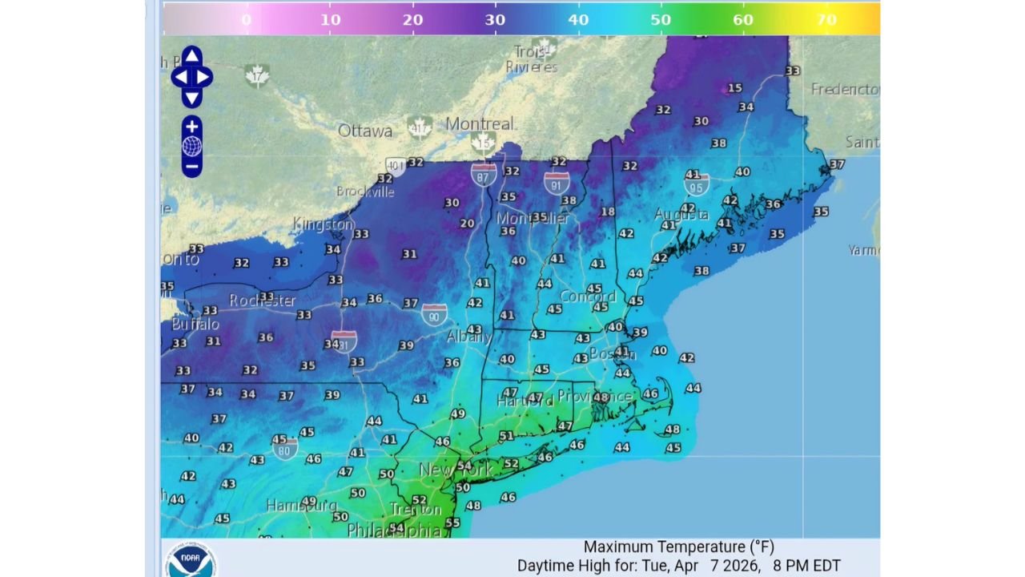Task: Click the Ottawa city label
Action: [x=365, y=131]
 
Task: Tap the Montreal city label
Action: [x=479, y=124]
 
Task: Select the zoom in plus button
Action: [x=191, y=127]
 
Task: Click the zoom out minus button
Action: [x=191, y=167]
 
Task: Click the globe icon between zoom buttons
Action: [x=191, y=147]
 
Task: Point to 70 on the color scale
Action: [x=827, y=19]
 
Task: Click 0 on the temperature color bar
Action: [x=246, y=19]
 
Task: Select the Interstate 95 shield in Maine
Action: [x=697, y=184]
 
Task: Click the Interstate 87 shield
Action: [x=483, y=175]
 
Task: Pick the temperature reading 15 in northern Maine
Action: [x=734, y=88]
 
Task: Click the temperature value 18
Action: [x=608, y=212]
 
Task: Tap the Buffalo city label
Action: [x=195, y=325]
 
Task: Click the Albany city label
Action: [x=468, y=337]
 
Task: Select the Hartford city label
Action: [x=525, y=401]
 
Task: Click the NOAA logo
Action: [x=191, y=560]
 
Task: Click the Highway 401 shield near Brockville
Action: [x=395, y=167]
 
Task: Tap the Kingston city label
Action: [x=323, y=224]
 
